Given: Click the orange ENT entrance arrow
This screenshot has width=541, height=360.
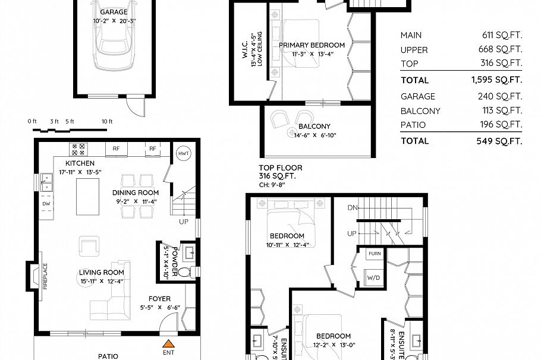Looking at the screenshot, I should pyautogui.click(x=169, y=343).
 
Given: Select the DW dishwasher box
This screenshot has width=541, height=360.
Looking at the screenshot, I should pyautogui.click(x=46, y=204).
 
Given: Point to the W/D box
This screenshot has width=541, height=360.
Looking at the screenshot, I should pyautogui.click(x=374, y=277).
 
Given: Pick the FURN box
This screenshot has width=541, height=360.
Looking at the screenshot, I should pyautogui.click(x=374, y=254).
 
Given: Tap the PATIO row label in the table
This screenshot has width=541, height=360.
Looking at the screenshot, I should pyautogui.click(x=413, y=124).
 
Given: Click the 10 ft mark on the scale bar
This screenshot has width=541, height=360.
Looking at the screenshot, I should pyautogui.click(x=107, y=121).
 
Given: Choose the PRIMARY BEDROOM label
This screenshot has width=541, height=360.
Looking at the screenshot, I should pyautogui.click(x=312, y=45).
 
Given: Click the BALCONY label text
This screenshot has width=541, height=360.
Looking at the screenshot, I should pyautogui.click(x=314, y=126).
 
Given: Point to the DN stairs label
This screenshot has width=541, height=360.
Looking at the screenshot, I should pyautogui.click(x=353, y=208).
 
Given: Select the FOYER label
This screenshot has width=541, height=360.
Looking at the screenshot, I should pyautogui.click(x=159, y=299).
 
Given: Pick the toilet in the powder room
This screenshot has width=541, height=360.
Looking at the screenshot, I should pyautogui.click(x=185, y=273).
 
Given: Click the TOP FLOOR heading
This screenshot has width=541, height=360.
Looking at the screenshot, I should pyautogui.click(x=280, y=168).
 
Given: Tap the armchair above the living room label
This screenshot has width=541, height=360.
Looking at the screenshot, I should pyautogui.click(x=89, y=245).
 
